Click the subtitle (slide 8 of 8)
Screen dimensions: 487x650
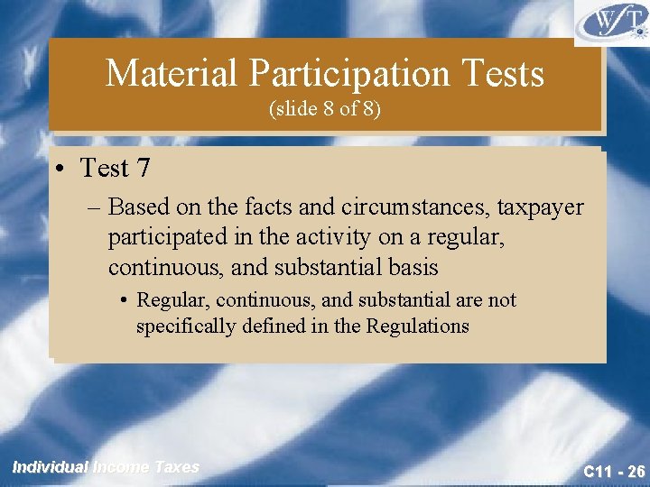(325, 110)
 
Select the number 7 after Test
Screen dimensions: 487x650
(142, 168)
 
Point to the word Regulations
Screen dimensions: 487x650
(417, 326)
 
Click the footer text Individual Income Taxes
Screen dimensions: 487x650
(106, 467)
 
